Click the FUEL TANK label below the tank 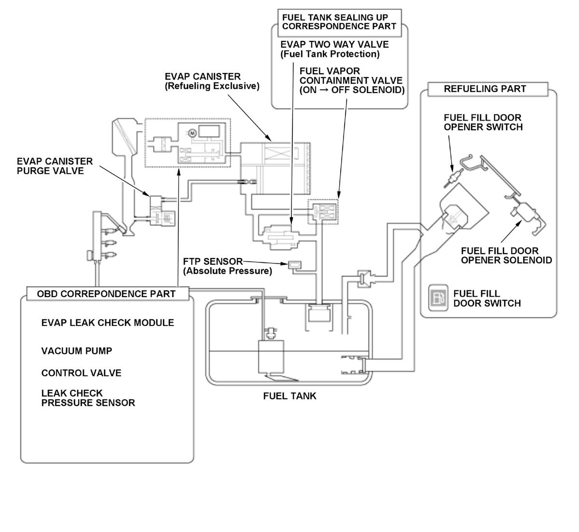289,396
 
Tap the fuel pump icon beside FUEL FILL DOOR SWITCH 438,298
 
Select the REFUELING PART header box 484,89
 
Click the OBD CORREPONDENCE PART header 106,293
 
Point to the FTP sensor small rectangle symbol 294,264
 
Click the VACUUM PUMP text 77,351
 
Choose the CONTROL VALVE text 81,373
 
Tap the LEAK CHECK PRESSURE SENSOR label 88,398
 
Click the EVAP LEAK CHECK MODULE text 108,322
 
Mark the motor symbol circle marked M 191,132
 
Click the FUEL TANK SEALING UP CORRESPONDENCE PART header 339,22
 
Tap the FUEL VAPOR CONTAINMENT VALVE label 352,80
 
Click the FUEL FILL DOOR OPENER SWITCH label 482,123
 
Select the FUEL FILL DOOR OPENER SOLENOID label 506,256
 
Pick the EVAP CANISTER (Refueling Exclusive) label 212,82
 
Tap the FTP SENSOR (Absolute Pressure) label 227,266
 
